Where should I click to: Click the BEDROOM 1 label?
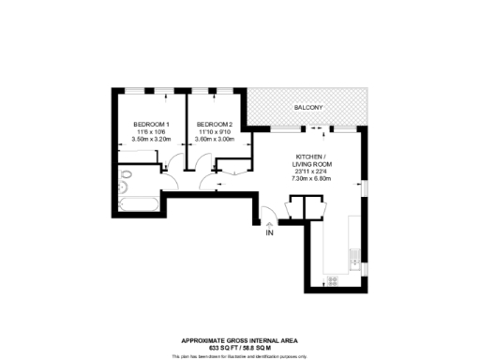pos(151,125)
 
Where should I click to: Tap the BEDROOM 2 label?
pos(214,125)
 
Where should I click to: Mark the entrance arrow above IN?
pos(270,224)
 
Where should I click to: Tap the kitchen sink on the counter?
pos(354,254)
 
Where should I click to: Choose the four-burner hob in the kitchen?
pos(333,278)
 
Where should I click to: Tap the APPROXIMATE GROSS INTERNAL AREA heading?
pos(240,340)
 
